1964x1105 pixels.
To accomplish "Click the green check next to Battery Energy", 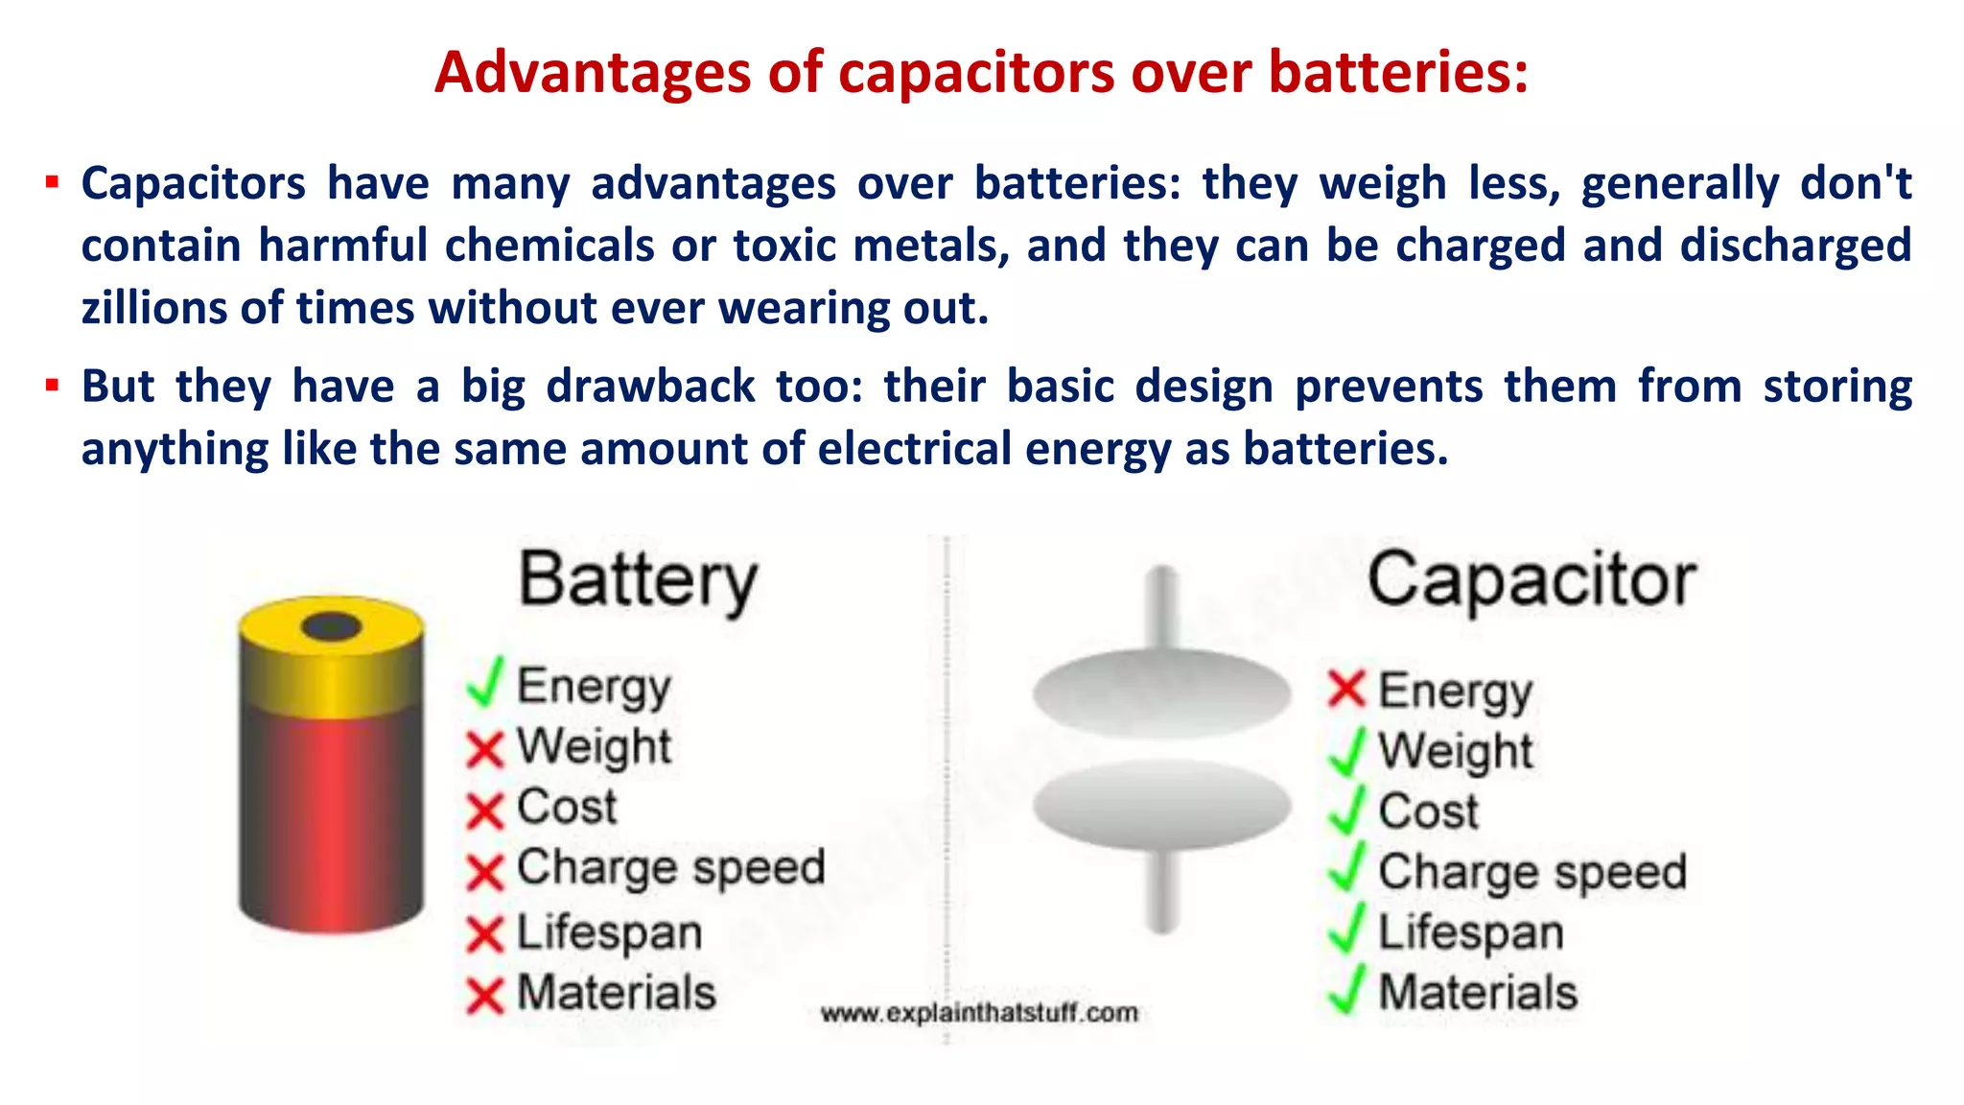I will pyautogui.click(x=485, y=683).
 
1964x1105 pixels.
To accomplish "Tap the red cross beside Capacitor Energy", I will pyautogui.click(x=1346, y=688).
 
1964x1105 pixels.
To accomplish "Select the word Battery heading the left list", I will pyautogui.click(x=638, y=581).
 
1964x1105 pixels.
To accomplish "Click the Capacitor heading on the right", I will pyautogui.click(x=1531, y=581).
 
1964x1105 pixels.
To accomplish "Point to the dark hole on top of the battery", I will pyautogui.click(x=331, y=627).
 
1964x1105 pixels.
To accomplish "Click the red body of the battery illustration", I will pyautogui.click(x=331, y=815).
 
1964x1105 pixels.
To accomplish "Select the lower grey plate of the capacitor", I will pyautogui.click(x=1161, y=804).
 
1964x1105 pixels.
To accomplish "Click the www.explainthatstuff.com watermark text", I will pyautogui.click(x=979, y=1013).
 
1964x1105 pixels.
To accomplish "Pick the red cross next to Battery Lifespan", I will pyautogui.click(x=485, y=933).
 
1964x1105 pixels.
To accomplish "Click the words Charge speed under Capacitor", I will pyautogui.click(x=1531, y=872).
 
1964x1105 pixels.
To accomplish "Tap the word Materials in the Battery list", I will pyautogui.click(x=617, y=992).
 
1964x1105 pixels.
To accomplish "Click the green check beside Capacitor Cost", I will pyautogui.click(x=1346, y=811).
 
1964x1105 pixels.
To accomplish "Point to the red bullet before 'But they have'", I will pyautogui.click(x=53, y=387).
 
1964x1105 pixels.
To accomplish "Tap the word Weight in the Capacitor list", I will pyautogui.click(x=1455, y=751).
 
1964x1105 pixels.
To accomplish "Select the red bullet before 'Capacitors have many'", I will pyautogui.click(x=53, y=182).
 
